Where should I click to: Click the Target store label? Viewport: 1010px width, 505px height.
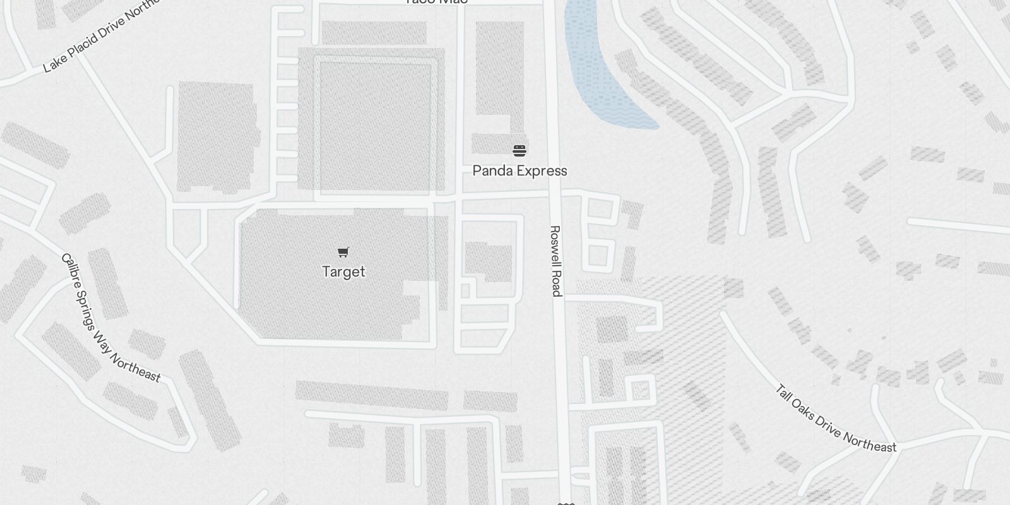[x=343, y=271]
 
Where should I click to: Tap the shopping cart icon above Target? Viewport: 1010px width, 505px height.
[x=343, y=252]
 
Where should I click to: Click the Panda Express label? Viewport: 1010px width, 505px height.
[x=520, y=170]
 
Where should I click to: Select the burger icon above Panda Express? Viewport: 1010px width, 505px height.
[x=520, y=151]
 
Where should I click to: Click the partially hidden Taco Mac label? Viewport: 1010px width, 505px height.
[x=436, y=2]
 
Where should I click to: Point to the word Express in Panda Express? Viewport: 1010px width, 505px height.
[x=540, y=171]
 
